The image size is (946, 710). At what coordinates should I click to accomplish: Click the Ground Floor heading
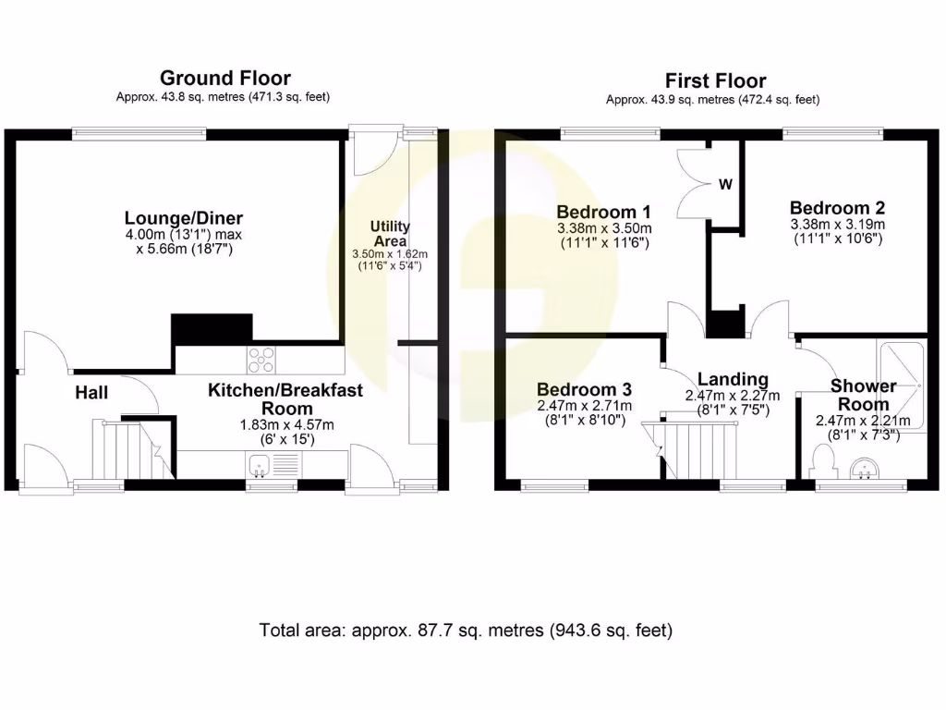[224, 78]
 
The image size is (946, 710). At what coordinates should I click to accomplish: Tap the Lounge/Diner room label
[184, 218]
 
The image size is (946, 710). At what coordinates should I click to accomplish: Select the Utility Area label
[390, 234]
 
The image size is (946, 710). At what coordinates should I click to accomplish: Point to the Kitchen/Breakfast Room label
[285, 399]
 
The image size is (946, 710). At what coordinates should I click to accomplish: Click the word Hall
[91, 393]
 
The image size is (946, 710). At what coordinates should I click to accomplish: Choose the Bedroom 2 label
[830, 208]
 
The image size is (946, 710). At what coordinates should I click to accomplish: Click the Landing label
[733, 379]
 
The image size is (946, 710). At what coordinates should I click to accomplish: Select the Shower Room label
[863, 395]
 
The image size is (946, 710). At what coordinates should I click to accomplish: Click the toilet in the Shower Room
[821, 460]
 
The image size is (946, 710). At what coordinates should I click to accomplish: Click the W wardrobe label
[726, 185]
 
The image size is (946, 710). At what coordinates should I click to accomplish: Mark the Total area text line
[466, 631]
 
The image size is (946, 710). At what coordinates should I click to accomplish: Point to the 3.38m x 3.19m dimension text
[837, 225]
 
